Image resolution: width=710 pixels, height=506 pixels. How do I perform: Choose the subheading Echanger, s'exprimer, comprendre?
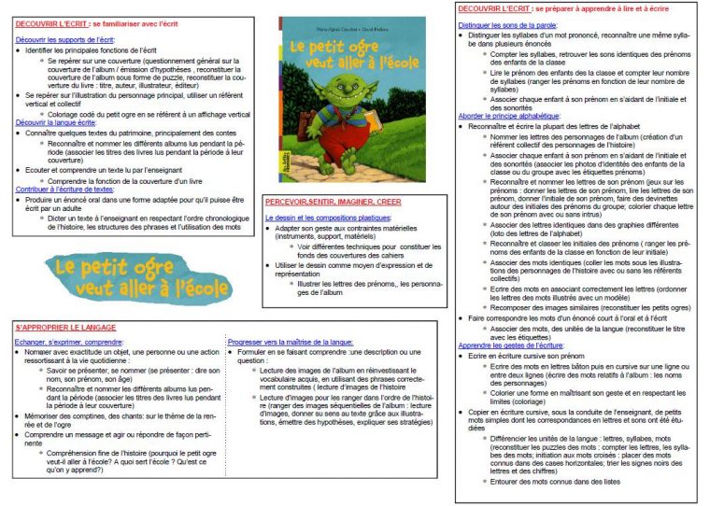click(68, 343)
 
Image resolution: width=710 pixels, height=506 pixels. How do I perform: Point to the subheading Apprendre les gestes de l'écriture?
click(510, 345)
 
